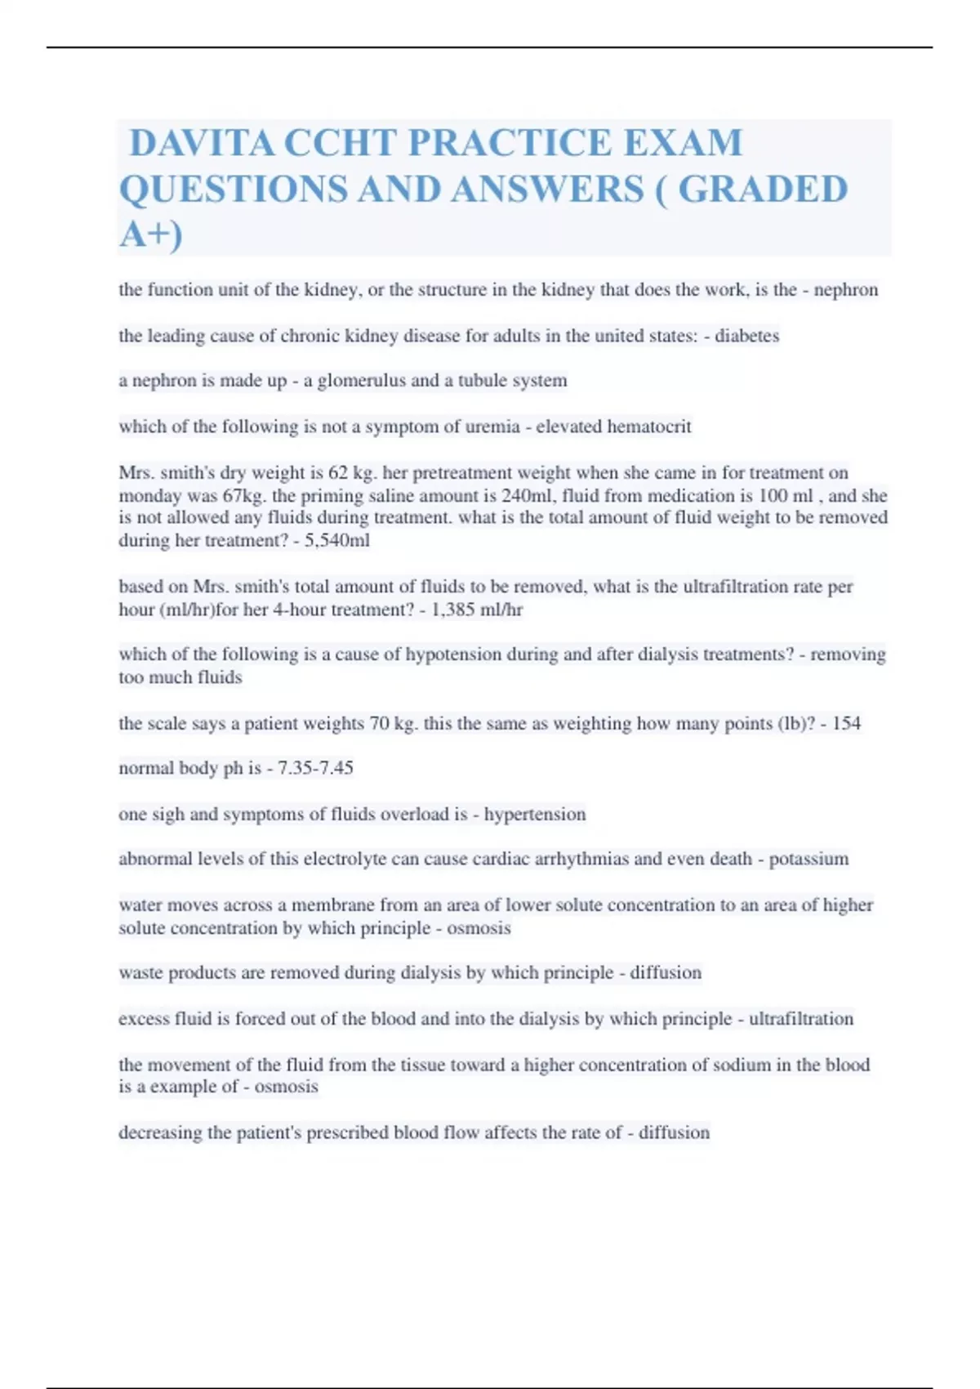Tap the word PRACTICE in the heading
508,143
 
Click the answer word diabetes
746,336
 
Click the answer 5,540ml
337,541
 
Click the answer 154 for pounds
846,724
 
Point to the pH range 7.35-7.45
315,768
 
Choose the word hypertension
535,815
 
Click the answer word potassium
808,859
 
